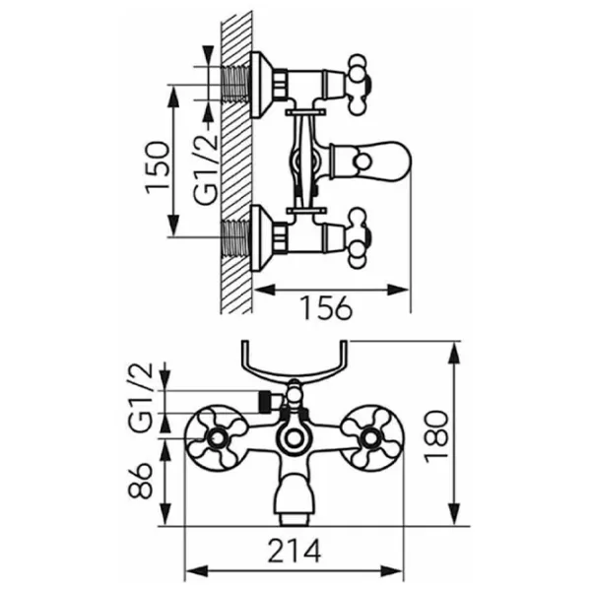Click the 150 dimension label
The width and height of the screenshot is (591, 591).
157,167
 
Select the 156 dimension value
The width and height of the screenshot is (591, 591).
327,308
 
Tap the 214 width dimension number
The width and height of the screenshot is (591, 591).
295,551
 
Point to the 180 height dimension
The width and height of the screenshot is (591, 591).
436,436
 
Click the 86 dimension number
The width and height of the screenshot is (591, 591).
140,481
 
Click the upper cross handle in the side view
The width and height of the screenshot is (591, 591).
359,85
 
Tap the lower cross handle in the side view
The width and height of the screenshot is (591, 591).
359,238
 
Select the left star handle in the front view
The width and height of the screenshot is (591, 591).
218,438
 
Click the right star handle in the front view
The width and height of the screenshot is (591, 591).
371,438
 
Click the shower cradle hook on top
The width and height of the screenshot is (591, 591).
294,366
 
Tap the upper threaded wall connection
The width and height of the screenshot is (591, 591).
236,84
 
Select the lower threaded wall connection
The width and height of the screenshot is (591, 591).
236,238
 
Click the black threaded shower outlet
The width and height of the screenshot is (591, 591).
266,402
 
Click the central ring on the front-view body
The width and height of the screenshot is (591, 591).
295,438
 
